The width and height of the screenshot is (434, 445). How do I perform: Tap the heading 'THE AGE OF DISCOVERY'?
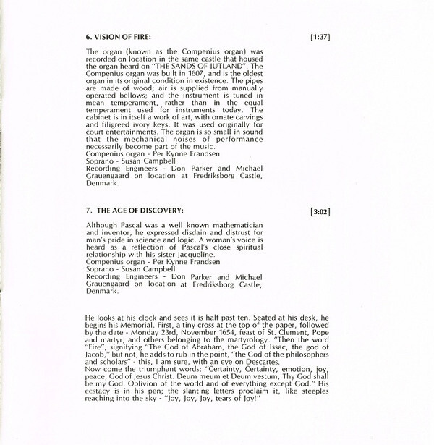(x=135, y=211)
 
